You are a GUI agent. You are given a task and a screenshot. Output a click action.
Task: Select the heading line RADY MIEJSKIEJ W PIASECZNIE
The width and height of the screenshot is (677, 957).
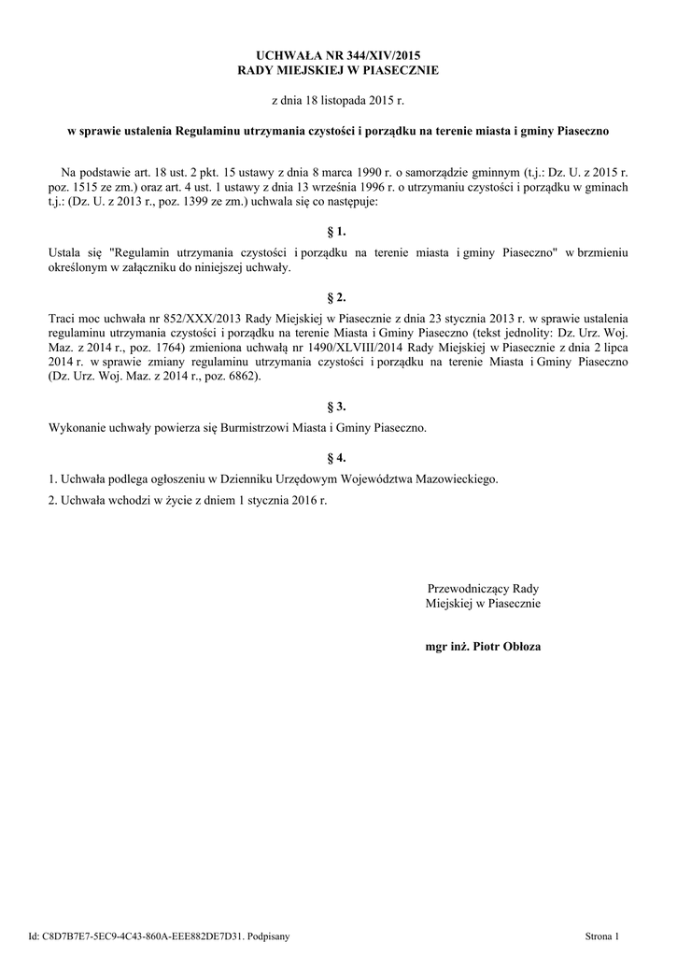(338, 70)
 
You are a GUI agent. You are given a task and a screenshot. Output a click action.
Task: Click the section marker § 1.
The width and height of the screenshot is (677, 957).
(338, 230)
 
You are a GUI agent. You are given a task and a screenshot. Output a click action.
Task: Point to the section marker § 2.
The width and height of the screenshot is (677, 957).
(338, 298)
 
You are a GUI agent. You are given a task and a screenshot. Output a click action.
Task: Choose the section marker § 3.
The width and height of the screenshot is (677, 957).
(338, 407)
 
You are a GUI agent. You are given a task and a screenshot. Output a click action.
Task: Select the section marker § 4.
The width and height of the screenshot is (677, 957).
(338, 458)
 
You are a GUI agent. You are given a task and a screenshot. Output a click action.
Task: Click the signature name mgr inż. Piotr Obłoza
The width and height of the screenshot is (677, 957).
(483, 646)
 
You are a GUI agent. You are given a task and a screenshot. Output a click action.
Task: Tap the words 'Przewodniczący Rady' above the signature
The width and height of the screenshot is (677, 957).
(483, 589)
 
